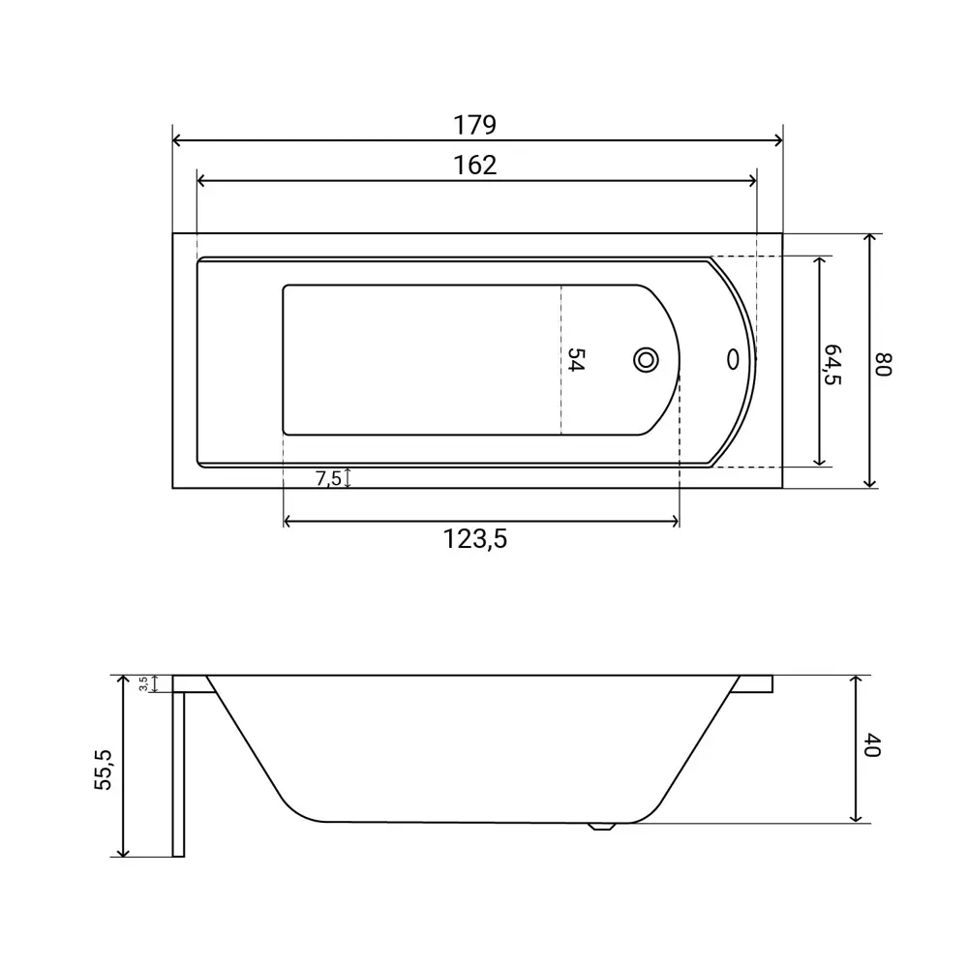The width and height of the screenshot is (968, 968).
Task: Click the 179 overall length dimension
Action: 474,125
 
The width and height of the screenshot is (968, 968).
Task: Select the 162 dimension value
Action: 474,165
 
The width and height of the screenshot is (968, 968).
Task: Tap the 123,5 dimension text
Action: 474,539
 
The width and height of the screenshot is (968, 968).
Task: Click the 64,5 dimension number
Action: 832,364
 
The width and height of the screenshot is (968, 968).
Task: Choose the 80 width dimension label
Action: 884,364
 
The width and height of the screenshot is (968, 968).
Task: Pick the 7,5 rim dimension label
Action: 328,478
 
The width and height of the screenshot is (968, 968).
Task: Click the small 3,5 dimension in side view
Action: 143,683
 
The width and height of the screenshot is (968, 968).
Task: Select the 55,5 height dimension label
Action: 104,770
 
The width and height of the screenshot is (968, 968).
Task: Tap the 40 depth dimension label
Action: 871,745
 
